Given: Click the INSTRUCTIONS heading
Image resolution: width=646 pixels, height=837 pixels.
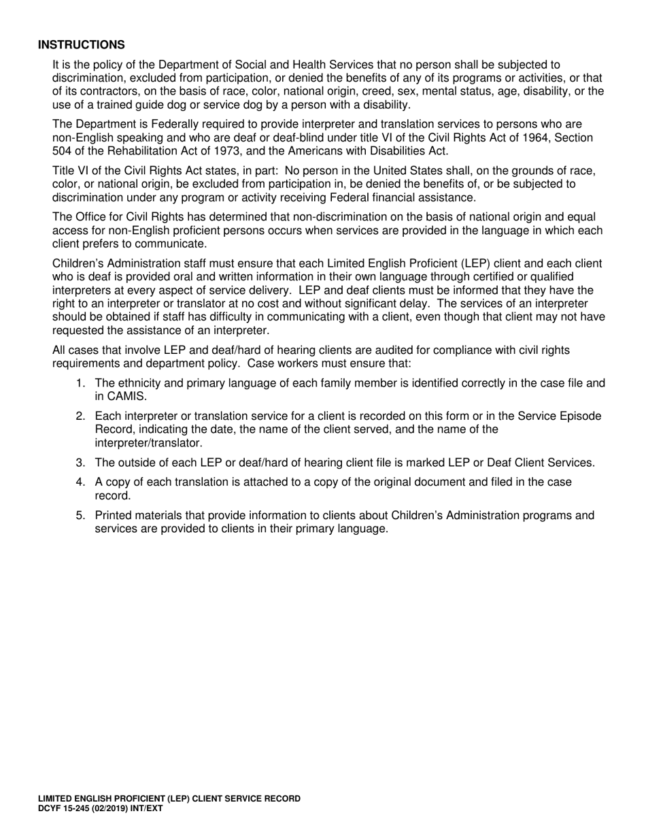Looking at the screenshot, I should click(81, 45).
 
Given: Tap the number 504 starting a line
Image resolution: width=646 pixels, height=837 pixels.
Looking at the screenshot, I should click(63, 150).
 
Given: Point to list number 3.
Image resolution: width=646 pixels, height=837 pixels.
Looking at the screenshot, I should click(80, 463).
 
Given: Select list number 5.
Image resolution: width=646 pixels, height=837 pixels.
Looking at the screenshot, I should click(80, 515).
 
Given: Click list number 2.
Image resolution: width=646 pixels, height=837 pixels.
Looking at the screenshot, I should click(80, 416).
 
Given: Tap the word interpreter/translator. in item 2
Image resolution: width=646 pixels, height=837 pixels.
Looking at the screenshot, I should click(148, 442).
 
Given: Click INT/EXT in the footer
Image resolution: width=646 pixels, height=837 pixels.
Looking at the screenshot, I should click(151, 810).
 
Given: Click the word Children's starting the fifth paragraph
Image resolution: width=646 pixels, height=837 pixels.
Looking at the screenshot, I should click(79, 263).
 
